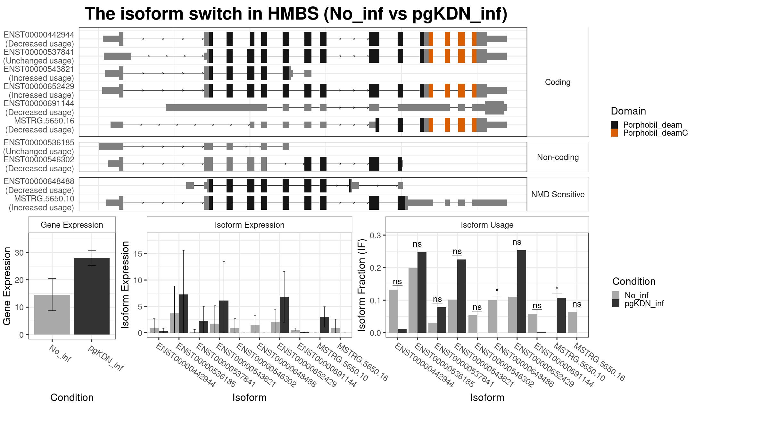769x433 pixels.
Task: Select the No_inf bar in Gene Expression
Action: coord(52,314)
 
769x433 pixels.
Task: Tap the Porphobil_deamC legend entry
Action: coord(655,133)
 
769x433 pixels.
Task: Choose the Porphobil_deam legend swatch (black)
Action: coord(614,125)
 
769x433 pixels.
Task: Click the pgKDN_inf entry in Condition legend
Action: coord(644,303)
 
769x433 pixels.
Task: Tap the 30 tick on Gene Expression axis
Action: coord(19,253)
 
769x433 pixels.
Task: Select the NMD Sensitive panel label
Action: coord(558,194)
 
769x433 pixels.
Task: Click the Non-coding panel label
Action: coord(558,157)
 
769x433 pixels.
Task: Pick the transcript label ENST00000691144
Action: coord(39,104)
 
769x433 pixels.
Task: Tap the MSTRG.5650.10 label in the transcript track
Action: coord(44,199)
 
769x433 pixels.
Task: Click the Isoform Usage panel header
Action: coord(487,225)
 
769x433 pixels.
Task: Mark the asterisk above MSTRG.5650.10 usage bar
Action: coord(557,288)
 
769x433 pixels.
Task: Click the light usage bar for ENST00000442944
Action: coord(393,311)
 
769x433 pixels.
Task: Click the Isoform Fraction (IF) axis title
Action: coord(362,285)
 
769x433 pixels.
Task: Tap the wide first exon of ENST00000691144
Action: coord(216,107)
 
